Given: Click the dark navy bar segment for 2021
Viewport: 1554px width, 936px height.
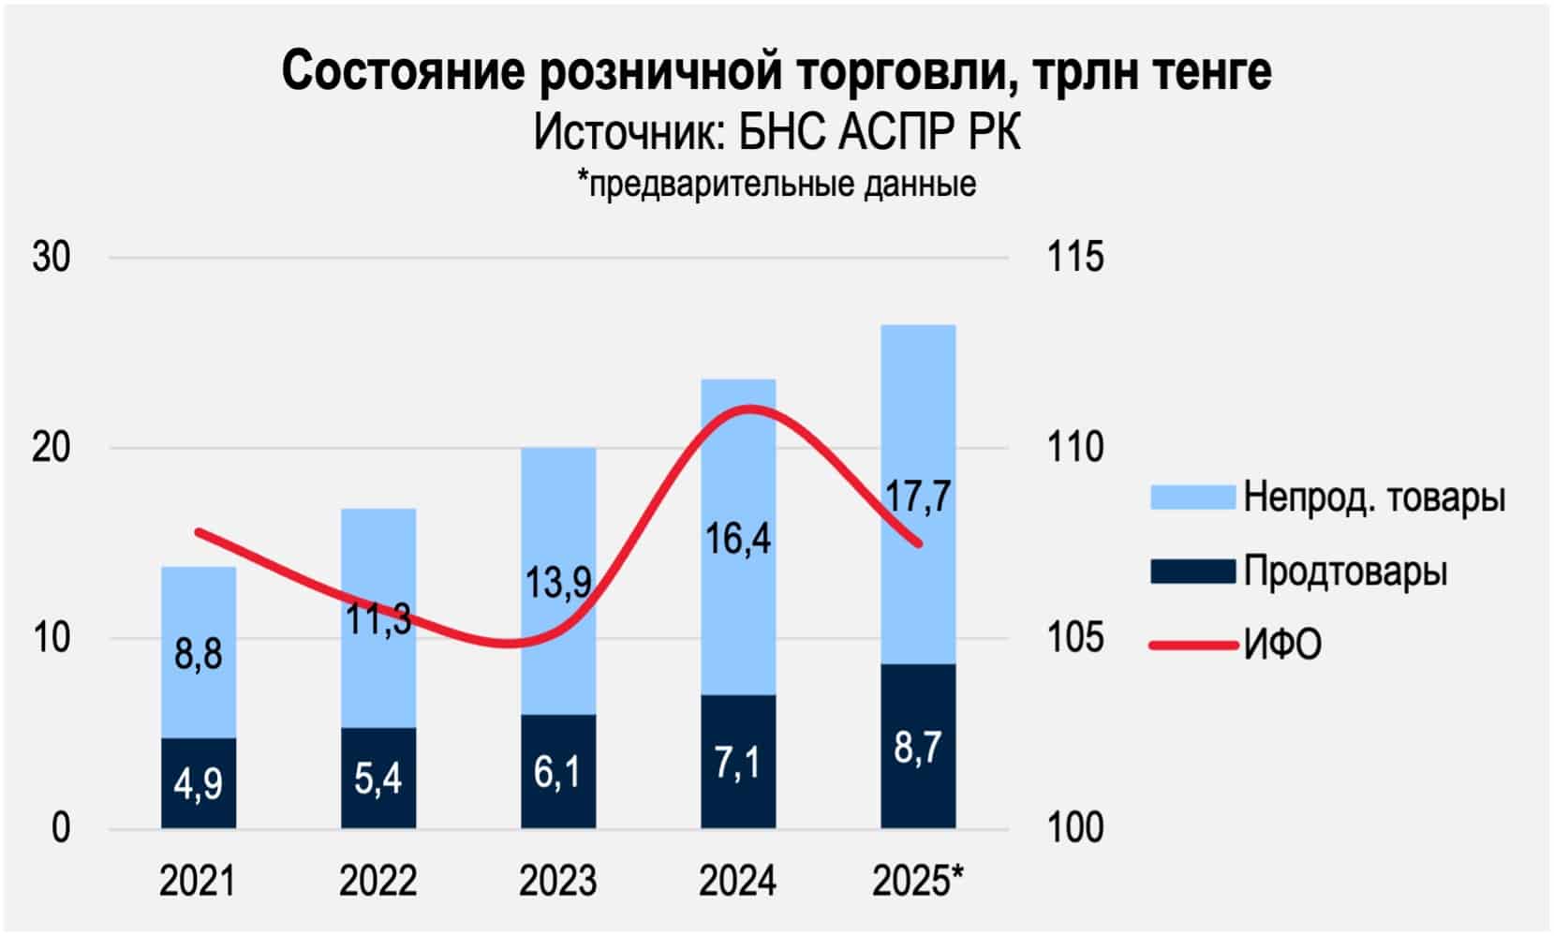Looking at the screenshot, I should tap(199, 783).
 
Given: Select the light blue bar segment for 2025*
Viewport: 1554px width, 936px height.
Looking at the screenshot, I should tap(918, 422).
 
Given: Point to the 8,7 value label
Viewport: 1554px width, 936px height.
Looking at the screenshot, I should tap(918, 748).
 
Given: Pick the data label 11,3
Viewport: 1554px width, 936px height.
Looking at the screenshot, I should tap(378, 618).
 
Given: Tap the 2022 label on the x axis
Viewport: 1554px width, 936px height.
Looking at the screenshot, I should tap(378, 881).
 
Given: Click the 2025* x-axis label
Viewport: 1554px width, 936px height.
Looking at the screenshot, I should tap(918, 881).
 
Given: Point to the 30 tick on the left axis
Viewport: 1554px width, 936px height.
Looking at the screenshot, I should tap(52, 257).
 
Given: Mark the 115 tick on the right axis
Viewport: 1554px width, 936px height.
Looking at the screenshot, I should tap(1074, 257).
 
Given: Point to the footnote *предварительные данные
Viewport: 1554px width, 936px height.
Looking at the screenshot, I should tap(777, 184).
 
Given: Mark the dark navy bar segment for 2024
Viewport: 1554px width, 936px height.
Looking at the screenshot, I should tap(739, 762).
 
